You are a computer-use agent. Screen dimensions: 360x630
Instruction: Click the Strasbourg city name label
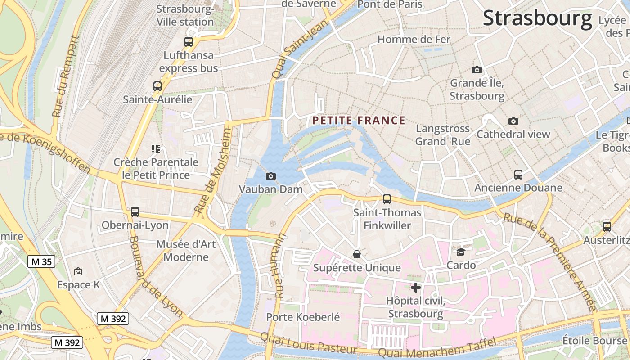[537, 18]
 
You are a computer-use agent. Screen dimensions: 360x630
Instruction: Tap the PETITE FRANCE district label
[359, 121]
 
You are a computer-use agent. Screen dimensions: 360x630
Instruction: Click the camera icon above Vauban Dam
[271, 176]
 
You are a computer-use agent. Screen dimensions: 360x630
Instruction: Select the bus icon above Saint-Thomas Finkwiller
[387, 199]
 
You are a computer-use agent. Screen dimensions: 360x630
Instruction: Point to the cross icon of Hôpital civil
[416, 287]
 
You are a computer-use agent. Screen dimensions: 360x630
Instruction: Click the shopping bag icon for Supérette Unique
[357, 255]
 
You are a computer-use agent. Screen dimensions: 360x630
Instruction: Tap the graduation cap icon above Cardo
[461, 252]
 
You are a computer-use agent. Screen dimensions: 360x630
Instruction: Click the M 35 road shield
[41, 261]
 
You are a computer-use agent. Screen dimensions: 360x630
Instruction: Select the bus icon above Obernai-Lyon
[135, 212]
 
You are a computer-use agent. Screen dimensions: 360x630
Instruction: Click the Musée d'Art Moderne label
[186, 251]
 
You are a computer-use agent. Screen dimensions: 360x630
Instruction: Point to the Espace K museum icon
[78, 271]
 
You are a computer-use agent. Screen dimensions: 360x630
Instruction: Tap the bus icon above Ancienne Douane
[518, 175]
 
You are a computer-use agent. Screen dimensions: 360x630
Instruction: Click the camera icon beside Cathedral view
[513, 121]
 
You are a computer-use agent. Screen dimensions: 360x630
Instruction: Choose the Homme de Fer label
[414, 40]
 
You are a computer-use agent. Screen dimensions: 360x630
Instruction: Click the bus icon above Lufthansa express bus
[189, 42]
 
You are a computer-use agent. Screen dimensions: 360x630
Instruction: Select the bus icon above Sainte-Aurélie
[157, 86]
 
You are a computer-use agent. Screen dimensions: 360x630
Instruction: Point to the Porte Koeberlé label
[303, 317]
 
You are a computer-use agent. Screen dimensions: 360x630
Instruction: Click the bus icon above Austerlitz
[607, 227]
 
